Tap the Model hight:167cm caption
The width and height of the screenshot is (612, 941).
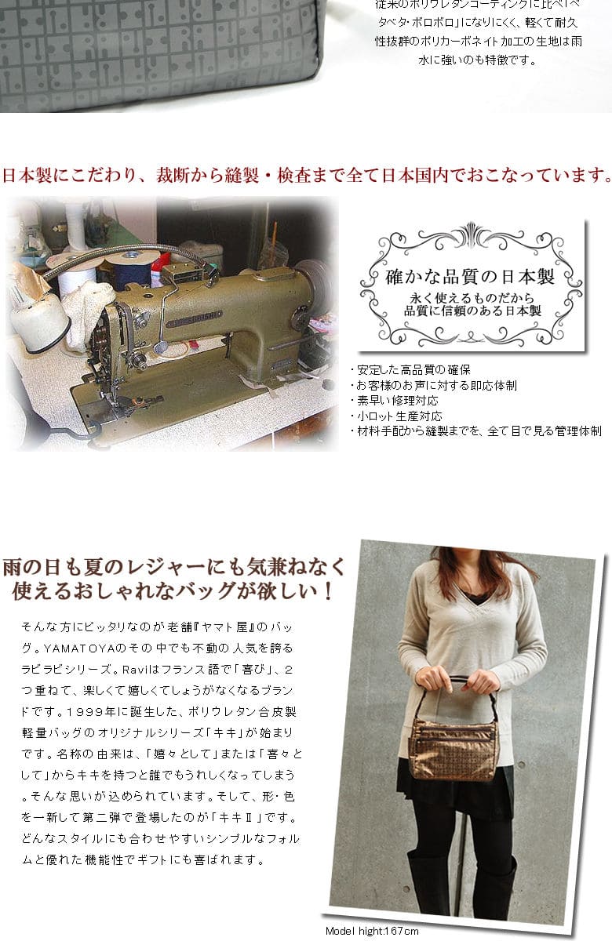click(x=373, y=931)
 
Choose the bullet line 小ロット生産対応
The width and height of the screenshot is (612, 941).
click(x=396, y=416)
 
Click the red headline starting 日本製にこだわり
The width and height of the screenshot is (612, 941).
click(x=306, y=175)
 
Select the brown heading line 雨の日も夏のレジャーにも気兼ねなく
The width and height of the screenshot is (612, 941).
click(x=173, y=565)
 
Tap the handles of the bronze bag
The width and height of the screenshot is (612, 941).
click(x=454, y=690)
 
